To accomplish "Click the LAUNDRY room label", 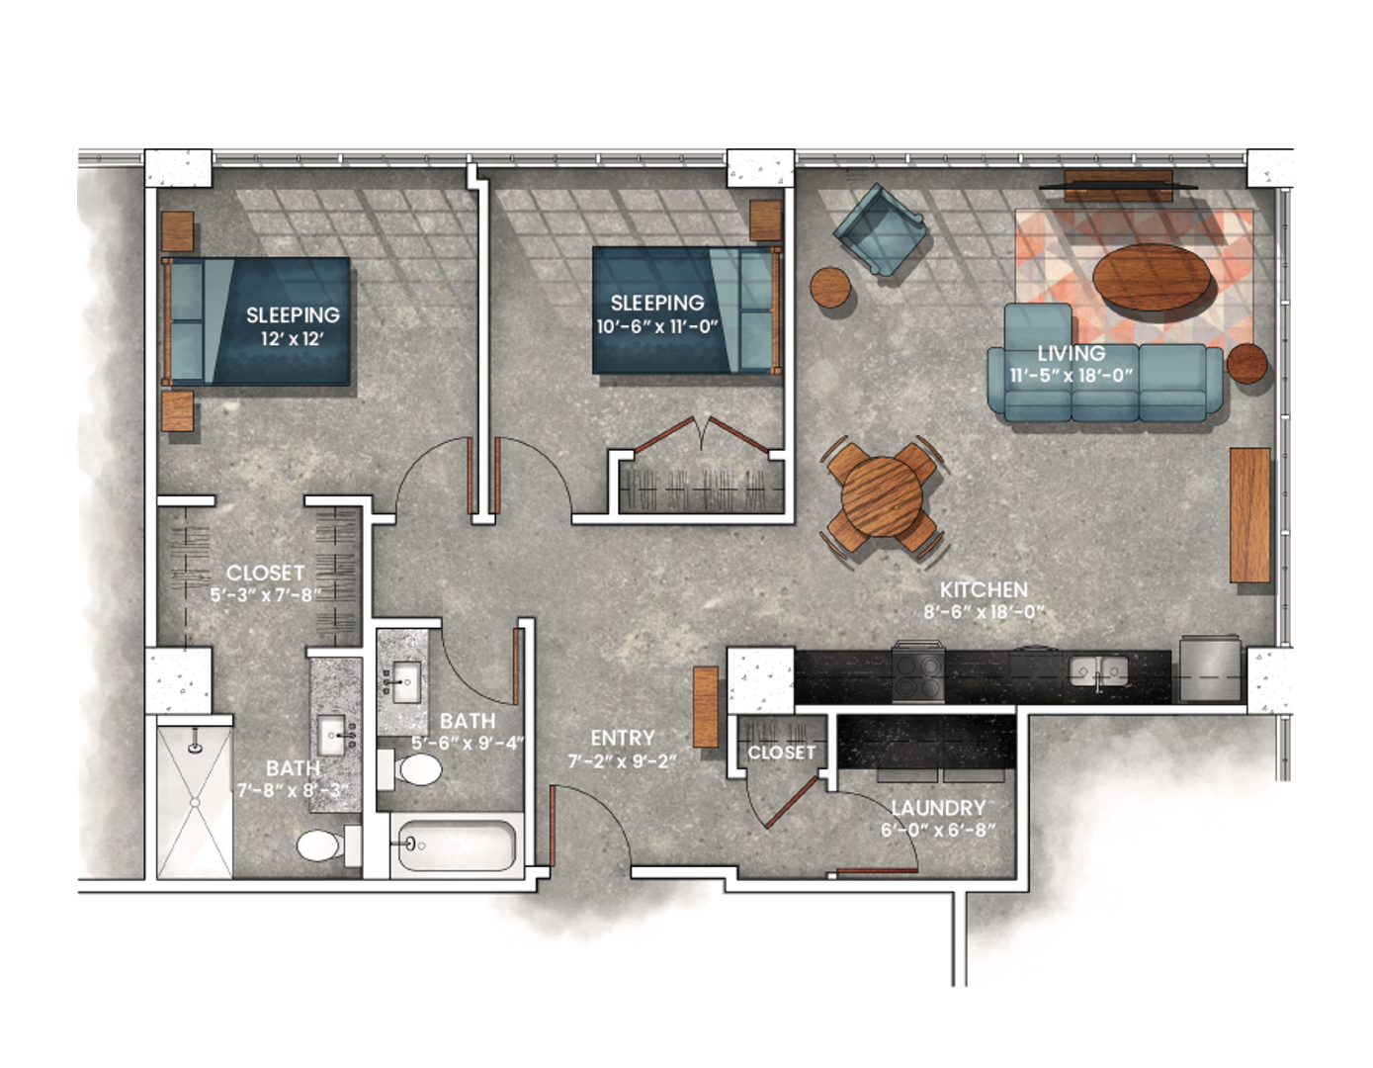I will (938, 808).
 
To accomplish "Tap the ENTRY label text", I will (623, 738).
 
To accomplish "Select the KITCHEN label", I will (984, 589).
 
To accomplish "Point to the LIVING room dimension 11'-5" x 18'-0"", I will (1072, 376).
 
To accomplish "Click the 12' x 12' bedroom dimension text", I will (293, 337).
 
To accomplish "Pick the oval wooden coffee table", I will (1153, 275).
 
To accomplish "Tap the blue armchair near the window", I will (880, 229).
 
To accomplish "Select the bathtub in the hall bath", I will (455, 845).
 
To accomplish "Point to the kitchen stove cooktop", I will (919, 673).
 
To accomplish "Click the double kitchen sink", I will (1099, 672).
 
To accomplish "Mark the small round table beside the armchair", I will (831, 289).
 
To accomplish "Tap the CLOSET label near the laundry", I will (782, 753).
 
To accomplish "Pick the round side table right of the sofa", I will (1246, 363).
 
